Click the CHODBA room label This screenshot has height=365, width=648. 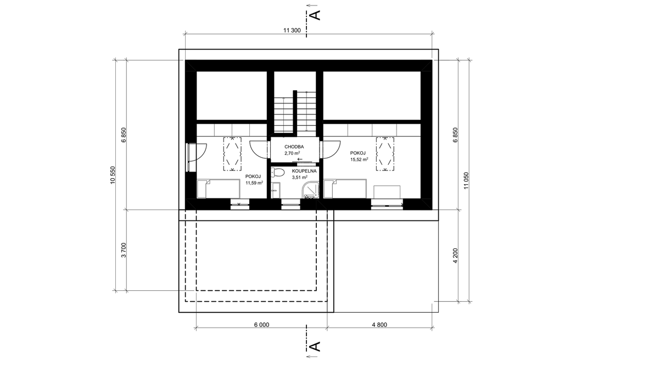294,147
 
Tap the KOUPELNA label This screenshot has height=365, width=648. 304,171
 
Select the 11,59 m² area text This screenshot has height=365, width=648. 254,182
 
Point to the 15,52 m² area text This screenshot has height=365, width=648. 359,159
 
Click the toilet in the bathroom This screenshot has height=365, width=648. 277,173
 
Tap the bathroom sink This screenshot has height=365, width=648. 276,190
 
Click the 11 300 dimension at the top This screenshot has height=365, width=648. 292,30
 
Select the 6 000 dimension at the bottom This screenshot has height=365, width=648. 261,325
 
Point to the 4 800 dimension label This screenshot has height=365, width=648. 379,325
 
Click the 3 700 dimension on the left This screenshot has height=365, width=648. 124,250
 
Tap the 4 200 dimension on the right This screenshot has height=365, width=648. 455,256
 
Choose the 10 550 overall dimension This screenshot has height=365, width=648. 113,175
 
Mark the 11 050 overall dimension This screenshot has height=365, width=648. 466,180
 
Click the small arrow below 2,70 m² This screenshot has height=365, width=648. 300,159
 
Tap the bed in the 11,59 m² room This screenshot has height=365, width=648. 218,189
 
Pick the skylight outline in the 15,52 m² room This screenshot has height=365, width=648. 385,154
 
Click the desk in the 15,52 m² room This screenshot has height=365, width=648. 387,192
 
